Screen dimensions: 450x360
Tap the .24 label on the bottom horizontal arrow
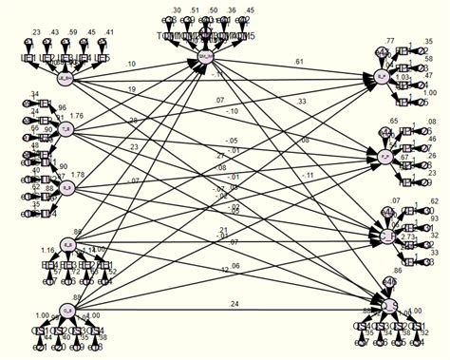click(234, 304)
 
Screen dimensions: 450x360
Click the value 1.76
click(77, 117)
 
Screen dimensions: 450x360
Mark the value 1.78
click(77, 174)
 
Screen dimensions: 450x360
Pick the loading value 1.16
click(47, 251)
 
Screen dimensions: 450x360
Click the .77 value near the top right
click(389, 42)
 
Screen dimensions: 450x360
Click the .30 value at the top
click(175, 10)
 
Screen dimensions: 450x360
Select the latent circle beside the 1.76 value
click(66, 129)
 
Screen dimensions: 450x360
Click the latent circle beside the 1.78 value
click(66, 188)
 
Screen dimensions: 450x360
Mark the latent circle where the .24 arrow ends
click(388, 305)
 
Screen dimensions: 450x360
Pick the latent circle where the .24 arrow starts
click(66, 306)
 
